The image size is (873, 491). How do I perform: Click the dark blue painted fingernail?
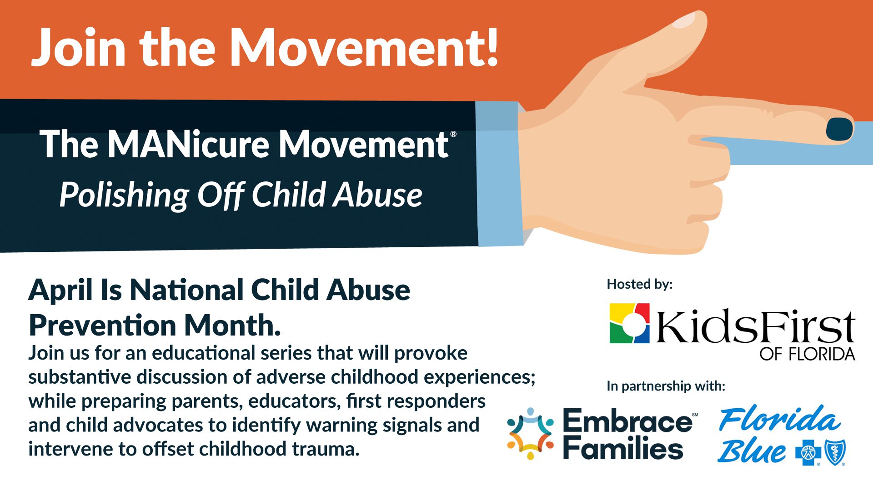click(839, 129)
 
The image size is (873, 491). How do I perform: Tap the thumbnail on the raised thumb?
click(684, 20)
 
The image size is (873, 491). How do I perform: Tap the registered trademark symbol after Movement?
click(453, 134)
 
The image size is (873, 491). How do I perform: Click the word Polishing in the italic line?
click(124, 195)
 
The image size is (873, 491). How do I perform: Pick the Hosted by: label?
click(640, 284)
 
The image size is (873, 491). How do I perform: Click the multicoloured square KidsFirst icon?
click(629, 323)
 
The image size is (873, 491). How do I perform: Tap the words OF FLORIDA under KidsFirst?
click(807, 354)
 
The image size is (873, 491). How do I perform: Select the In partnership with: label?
click(666, 386)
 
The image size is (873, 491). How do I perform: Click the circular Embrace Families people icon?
click(530, 433)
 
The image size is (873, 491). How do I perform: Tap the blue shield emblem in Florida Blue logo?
click(835, 452)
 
